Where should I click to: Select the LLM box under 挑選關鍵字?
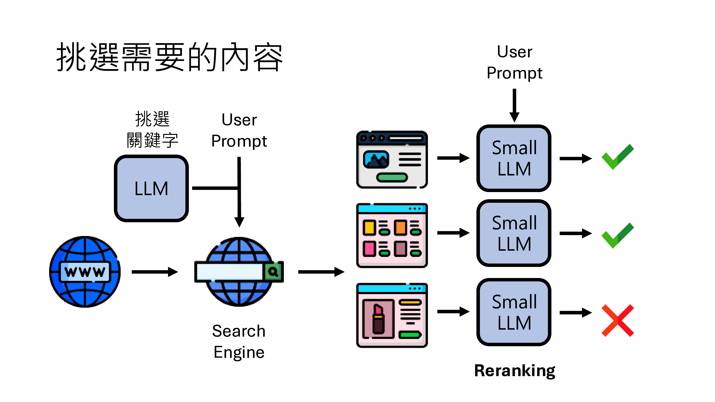click(151, 188)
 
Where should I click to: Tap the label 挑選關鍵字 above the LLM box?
click(152, 129)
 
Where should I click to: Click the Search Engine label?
click(239, 341)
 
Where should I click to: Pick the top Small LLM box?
click(514, 158)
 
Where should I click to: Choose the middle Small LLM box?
click(514, 233)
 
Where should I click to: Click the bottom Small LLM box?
click(514, 312)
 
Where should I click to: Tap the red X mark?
click(618, 320)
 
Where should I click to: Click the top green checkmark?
click(618, 157)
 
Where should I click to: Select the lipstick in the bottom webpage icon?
click(378, 319)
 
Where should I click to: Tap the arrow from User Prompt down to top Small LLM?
click(514, 105)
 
